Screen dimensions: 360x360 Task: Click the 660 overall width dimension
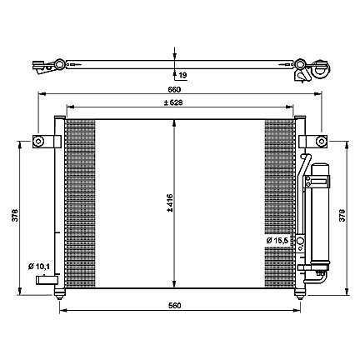(174, 90)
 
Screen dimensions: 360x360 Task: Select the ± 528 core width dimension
(173, 102)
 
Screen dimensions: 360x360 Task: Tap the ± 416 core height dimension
(170, 203)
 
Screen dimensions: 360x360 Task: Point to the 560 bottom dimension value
(174, 306)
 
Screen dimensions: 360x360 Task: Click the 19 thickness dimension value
(182, 75)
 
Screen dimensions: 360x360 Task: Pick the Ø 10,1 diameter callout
(39, 267)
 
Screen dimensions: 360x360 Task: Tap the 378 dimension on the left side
(15, 215)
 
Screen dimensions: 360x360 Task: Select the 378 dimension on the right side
(342, 215)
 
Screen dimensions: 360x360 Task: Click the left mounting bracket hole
(38, 141)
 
